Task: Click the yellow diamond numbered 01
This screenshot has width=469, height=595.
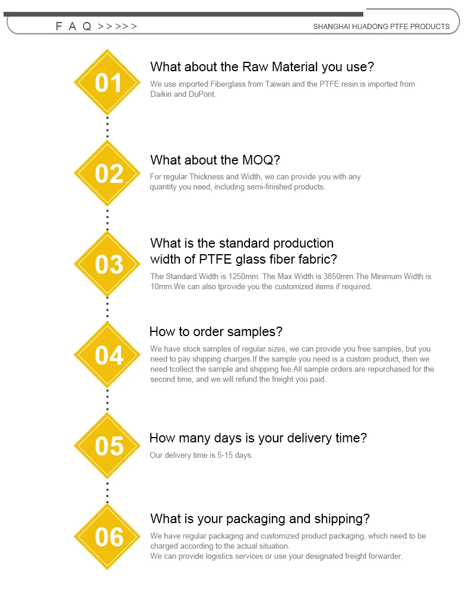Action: coord(107,83)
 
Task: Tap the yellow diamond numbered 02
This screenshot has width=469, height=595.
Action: coord(108,173)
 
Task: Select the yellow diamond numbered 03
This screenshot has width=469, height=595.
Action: coord(108,264)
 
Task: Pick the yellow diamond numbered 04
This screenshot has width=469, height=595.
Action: coord(108,355)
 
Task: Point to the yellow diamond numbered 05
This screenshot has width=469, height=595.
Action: coord(108,446)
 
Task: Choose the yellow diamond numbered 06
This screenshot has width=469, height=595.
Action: coord(108,537)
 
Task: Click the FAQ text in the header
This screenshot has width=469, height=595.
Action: coord(74,26)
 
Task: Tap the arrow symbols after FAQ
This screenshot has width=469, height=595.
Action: coord(118,26)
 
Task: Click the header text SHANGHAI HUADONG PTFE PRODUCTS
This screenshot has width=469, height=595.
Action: coord(381,26)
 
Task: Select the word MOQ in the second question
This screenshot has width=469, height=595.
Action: coord(258,160)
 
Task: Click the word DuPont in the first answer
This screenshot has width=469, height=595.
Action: coord(203,94)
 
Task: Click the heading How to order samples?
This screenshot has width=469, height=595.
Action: coord(216,331)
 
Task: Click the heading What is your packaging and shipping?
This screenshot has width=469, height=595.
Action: coord(260,518)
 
